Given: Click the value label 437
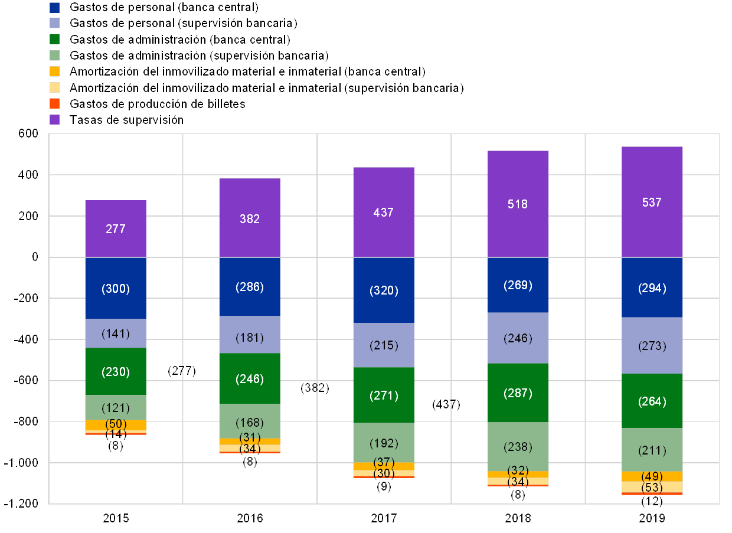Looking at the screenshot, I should point(384,212).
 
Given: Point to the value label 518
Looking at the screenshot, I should point(518,204).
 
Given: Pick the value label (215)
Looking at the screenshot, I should point(384,345).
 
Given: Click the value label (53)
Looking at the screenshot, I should point(652,488).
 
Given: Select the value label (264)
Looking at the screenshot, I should point(652,402).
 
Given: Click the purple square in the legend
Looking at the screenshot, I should point(55,120).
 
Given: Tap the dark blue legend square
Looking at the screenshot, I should point(55,8).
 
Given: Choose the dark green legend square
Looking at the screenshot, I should point(55,40).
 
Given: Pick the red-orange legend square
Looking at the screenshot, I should point(55,104).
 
